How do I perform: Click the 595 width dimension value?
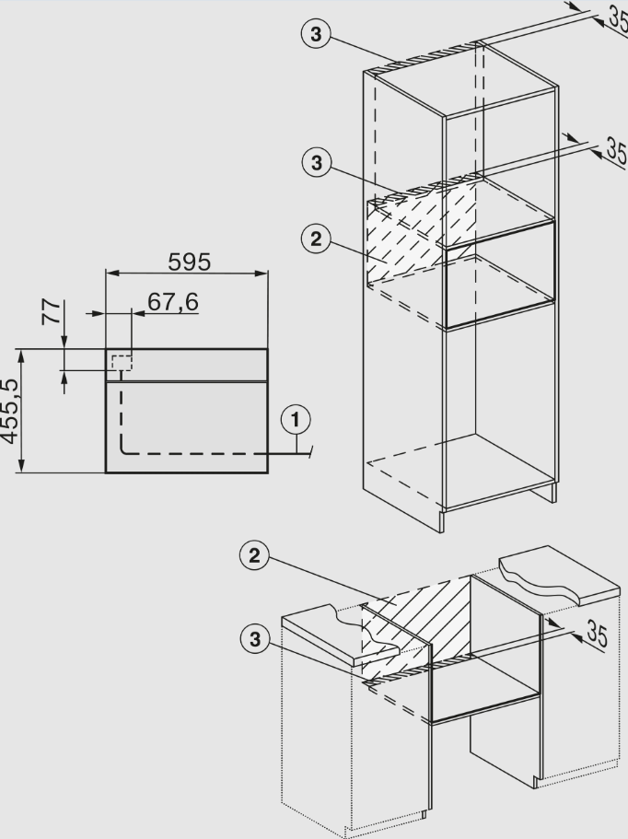tap(189, 262)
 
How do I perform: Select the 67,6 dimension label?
tap(173, 302)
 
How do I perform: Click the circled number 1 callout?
tap(295, 421)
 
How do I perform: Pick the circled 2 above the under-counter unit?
tap(255, 555)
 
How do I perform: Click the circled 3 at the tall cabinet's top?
tap(316, 35)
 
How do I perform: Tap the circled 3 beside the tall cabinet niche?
tap(316, 163)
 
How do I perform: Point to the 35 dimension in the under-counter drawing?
tap(596, 635)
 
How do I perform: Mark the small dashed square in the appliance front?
tap(122, 362)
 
